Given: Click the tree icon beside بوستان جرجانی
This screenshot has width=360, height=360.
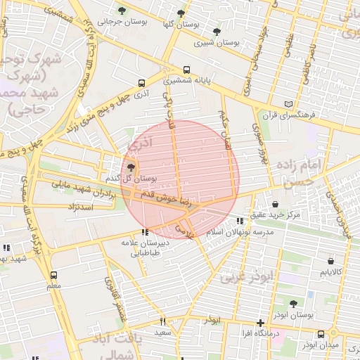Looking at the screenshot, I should pyautogui.click(x=122, y=11).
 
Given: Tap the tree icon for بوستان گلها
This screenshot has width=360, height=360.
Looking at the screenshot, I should pyautogui.click(x=181, y=13).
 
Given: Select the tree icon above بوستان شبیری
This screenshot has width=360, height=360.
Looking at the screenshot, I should pyautogui.click(x=217, y=32).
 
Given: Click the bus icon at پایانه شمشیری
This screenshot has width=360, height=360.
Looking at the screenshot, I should pyautogui.click(x=186, y=70).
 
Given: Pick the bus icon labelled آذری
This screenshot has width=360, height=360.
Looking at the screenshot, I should pyautogui.click(x=142, y=82).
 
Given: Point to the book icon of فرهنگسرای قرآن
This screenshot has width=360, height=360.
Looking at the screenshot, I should pyautogui.click(x=288, y=104).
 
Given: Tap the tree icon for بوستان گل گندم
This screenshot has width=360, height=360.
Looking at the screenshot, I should pyautogui.click(x=131, y=167).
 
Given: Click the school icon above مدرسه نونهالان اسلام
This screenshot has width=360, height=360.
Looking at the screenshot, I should pyautogui.click(x=240, y=221).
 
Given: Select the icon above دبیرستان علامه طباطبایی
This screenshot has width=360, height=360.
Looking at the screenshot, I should pyautogui.click(x=145, y=232).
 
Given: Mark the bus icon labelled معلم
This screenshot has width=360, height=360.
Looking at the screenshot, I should pyautogui.click(x=54, y=276).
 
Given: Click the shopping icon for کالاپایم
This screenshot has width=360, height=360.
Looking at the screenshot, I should pyautogui.click(x=330, y=261).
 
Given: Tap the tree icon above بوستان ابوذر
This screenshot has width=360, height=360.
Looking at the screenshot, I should pyautogui.click(x=293, y=304).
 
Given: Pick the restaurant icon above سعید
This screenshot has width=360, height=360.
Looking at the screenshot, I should pyautogui.click(x=162, y=321).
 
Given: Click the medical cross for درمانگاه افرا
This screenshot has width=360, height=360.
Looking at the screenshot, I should pyautogui.click(x=260, y=322).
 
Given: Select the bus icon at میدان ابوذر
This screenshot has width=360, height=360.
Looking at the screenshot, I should pyautogui.click(x=321, y=334).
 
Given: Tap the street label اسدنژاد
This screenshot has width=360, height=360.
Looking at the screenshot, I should pyautogui.click(x=81, y=208).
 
